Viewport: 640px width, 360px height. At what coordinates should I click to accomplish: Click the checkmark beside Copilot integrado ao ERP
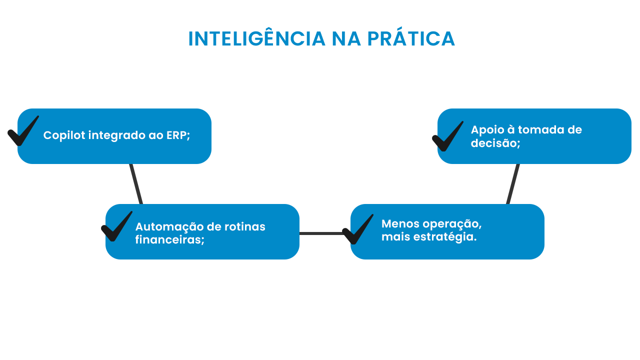click(x=23, y=131)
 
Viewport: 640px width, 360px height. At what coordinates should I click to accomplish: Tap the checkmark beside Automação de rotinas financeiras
click(x=116, y=226)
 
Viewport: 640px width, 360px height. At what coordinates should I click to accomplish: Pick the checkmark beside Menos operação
click(x=358, y=229)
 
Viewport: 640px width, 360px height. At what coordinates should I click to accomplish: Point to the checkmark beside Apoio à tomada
click(x=447, y=136)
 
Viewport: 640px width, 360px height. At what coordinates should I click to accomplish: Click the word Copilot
click(x=64, y=135)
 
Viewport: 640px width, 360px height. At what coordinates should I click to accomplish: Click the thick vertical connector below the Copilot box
click(x=138, y=183)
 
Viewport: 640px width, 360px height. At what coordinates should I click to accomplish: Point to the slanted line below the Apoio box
click(x=513, y=184)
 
